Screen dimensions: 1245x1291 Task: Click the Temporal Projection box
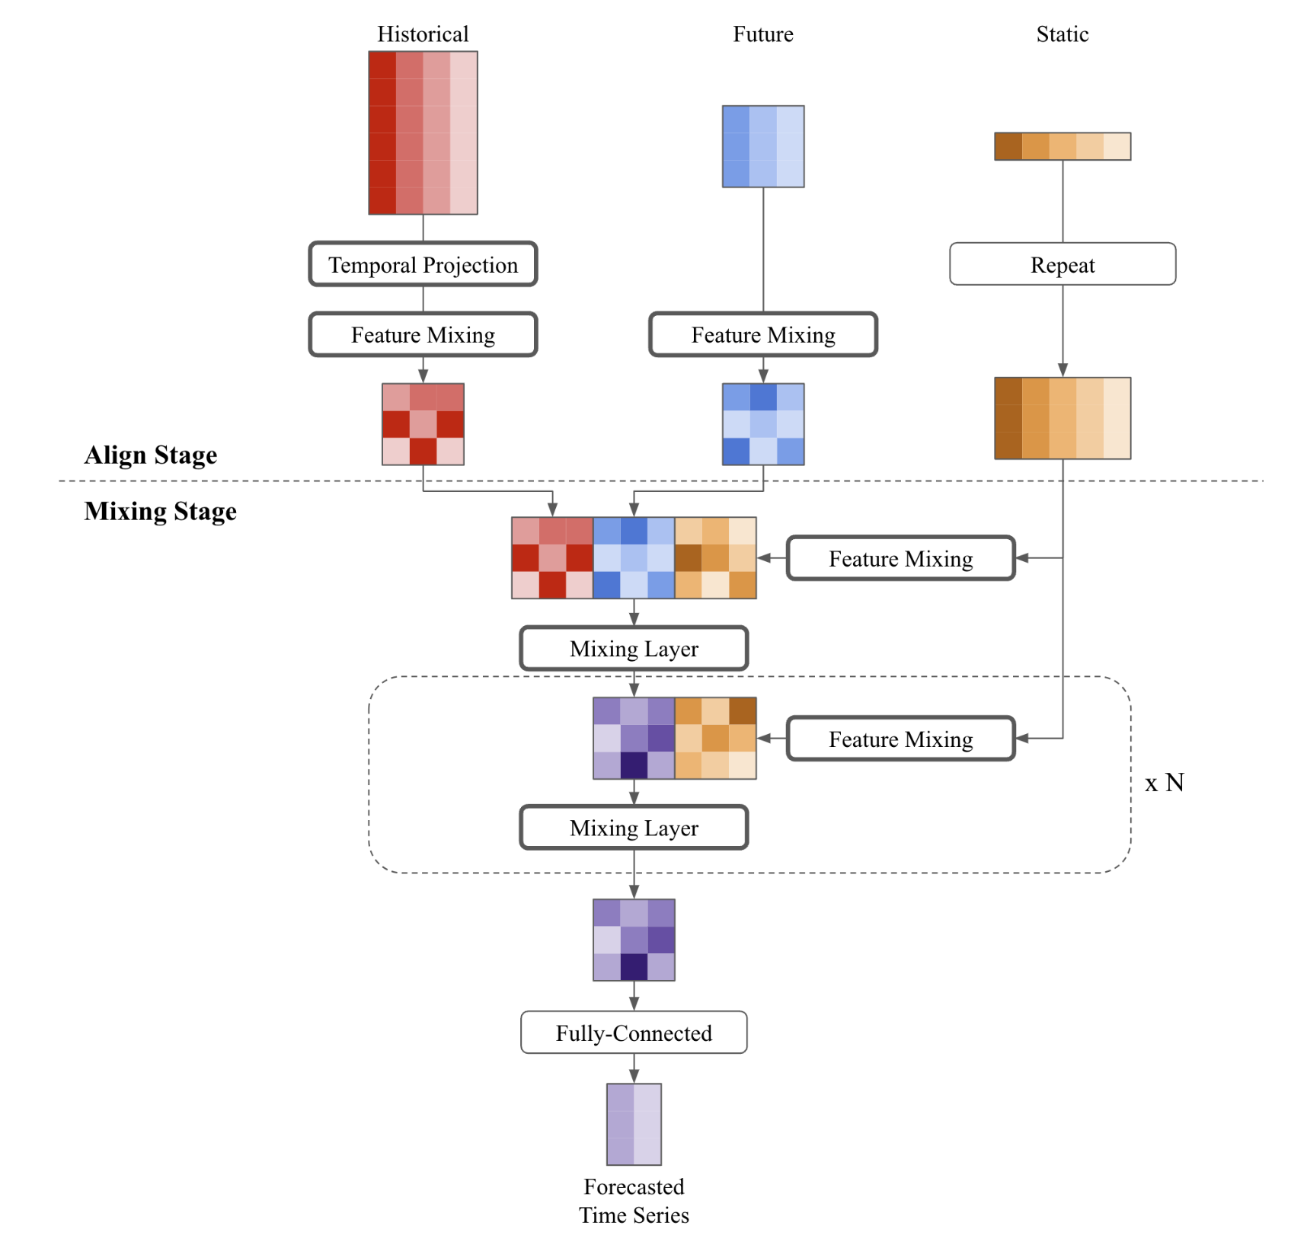click(x=423, y=264)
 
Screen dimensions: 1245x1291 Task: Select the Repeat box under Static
click(x=1062, y=264)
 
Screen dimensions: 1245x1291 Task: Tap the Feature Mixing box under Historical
click(x=423, y=334)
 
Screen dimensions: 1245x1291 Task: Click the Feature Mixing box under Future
click(x=762, y=334)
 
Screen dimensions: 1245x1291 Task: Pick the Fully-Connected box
click(x=633, y=1033)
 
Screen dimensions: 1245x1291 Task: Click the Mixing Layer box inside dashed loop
click(x=633, y=827)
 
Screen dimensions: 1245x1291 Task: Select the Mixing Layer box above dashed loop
click(x=633, y=648)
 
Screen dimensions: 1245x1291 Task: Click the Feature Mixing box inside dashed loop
click(x=900, y=739)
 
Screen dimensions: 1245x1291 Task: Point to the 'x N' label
click(x=1164, y=782)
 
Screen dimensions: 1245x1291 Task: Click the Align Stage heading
click(x=151, y=455)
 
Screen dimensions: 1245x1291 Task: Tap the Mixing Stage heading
click(x=160, y=511)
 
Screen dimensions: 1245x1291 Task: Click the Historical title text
click(x=423, y=34)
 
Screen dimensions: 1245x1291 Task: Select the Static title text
click(x=1062, y=34)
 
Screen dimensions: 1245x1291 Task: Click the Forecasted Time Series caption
click(x=633, y=1200)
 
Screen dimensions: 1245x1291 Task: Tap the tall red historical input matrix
click(x=423, y=132)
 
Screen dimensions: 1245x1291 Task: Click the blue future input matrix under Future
click(x=762, y=146)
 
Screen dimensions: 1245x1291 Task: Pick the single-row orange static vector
click(x=1062, y=146)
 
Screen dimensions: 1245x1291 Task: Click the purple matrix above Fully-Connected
click(x=633, y=940)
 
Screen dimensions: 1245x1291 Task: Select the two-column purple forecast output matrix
click(x=633, y=1124)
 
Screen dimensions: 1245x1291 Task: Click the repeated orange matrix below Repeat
click(x=1062, y=418)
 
